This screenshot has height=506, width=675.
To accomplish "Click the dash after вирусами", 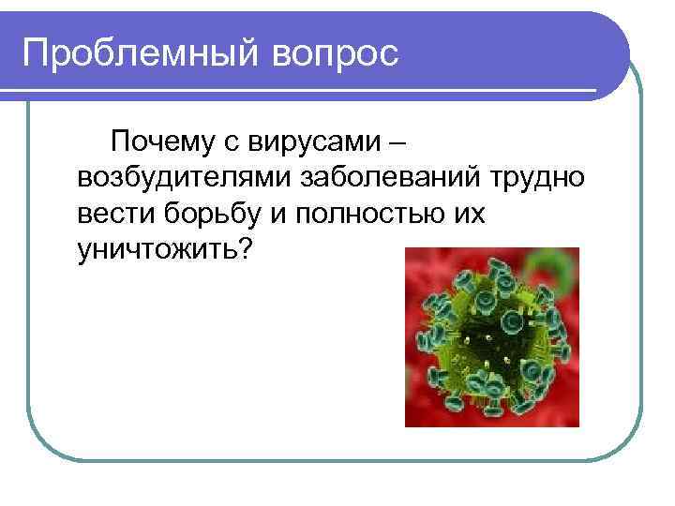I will pyautogui.click(x=397, y=142).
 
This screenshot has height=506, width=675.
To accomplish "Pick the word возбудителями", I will pyautogui.click(x=186, y=178).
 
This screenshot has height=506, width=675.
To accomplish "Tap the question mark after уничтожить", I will pyautogui.click(x=246, y=249).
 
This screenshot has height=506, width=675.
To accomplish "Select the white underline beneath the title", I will pyautogui.click(x=309, y=89).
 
